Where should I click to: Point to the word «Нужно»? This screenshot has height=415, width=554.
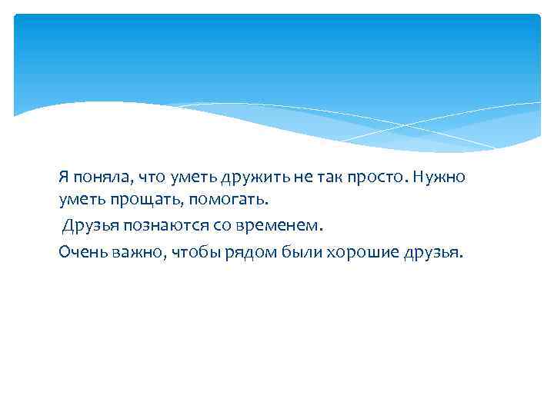point(439,178)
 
